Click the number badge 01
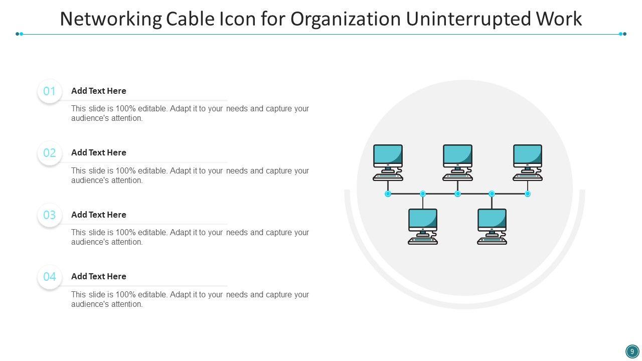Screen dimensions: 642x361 (x=50, y=91)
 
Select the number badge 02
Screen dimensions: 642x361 (x=50, y=153)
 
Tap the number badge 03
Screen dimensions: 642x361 (x=50, y=215)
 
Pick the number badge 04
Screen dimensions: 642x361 (x=50, y=277)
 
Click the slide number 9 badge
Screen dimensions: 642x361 (x=632, y=351)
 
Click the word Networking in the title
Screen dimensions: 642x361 (x=111, y=19)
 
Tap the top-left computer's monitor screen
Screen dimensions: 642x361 (x=388, y=155)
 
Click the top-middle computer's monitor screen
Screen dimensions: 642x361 (x=457, y=155)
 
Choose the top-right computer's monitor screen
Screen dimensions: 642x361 (x=527, y=155)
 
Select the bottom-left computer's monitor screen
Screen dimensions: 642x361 (x=423, y=220)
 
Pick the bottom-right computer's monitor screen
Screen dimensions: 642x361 (x=492, y=220)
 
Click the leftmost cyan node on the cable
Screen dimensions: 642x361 (x=388, y=194)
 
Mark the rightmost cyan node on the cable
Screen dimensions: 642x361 (x=527, y=194)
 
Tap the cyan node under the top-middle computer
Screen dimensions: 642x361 (x=457, y=194)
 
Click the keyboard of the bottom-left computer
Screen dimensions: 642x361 (x=423, y=241)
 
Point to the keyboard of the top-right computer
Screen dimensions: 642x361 (x=527, y=177)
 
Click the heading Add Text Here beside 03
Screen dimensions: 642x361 (x=99, y=215)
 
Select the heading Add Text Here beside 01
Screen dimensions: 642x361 (x=99, y=91)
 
